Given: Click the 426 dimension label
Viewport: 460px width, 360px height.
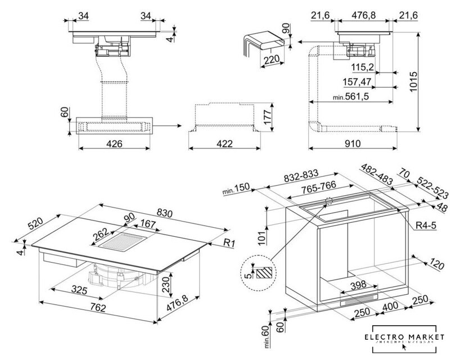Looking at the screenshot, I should (114, 144).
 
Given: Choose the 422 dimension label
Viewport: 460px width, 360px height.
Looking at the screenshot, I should (224, 144).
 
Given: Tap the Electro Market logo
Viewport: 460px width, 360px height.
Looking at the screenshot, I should (404, 339).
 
